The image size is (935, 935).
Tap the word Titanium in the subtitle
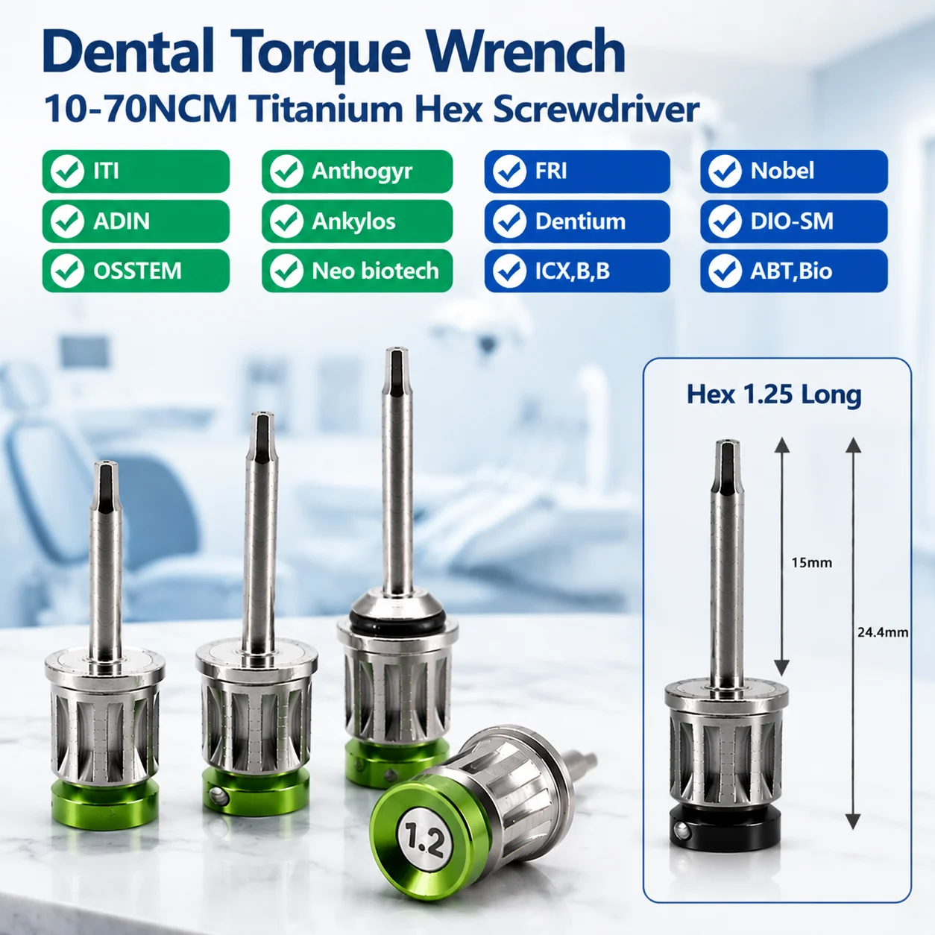[327, 110]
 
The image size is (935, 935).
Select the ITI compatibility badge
[136, 171]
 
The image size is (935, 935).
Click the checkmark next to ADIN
[67, 221]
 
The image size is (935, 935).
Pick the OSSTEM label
[137, 271]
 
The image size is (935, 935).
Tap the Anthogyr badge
[357, 171]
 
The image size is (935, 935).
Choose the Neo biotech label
[375, 271]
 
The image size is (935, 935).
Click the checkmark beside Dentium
[509, 221]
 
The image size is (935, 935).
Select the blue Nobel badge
[794, 171]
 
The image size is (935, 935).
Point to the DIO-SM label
[792, 221]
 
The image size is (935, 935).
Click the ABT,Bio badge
[794, 271]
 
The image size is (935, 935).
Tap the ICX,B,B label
[573, 271]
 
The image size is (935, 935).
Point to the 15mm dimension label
[812, 563]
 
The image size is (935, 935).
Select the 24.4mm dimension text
[883, 632]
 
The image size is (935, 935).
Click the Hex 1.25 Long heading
[774, 394]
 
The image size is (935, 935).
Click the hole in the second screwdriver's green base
[219, 795]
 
